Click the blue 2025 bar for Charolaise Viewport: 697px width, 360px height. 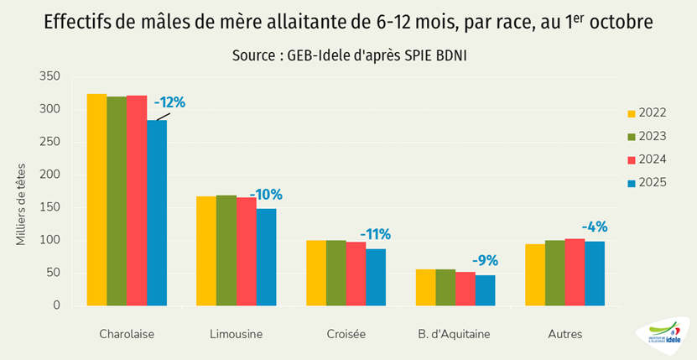(x=157, y=213)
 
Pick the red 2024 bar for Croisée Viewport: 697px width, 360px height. (x=356, y=274)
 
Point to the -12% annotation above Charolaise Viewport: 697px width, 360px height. (x=169, y=102)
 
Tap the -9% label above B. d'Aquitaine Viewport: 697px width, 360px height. (x=485, y=260)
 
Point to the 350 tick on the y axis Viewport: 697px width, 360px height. (x=50, y=76)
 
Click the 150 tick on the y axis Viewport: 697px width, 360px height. (x=50, y=208)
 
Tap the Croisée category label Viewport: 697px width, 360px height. (x=346, y=334)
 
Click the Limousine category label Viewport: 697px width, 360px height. (x=236, y=334)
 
